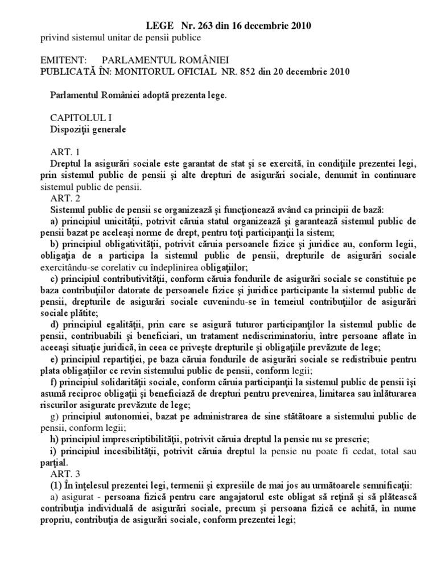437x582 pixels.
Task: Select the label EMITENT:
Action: click(63, 60)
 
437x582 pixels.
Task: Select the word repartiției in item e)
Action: click(120, 357)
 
